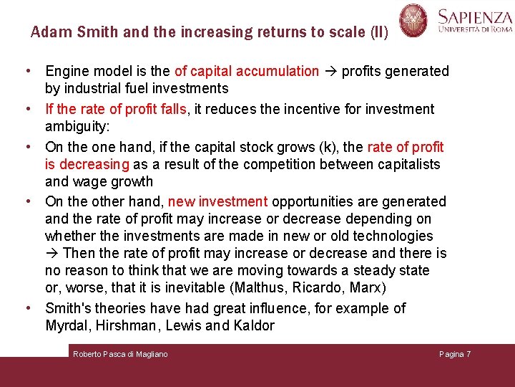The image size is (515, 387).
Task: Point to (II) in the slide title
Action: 378,32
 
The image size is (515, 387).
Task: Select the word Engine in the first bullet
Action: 67,71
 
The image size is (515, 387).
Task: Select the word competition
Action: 276,164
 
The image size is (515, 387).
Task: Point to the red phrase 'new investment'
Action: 217,201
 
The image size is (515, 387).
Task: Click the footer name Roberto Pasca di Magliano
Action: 120,354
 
